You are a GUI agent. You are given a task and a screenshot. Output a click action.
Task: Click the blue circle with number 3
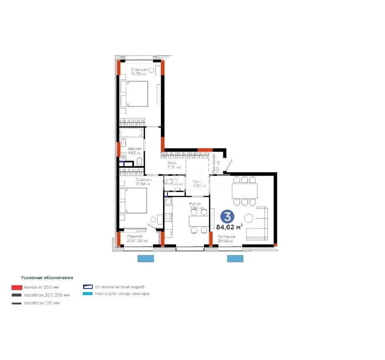click(227, 217)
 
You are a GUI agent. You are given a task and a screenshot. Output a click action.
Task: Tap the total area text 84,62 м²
click(229, 227)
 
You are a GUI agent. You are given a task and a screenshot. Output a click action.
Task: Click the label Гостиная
click(226, 237)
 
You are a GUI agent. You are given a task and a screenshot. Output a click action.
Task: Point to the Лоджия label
click(129, 236)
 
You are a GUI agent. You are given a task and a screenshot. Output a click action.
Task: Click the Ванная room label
click(135, 148)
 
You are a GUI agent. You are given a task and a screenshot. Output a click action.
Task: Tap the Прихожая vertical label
click(214, 162)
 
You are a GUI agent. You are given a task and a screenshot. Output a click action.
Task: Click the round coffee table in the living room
click(249, 218)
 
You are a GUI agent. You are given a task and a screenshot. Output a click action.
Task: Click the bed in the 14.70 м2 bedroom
click(134, 94)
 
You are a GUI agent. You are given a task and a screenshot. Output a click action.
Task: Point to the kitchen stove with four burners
click(169, 218)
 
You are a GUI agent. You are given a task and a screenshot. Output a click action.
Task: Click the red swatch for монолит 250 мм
click(16, 287)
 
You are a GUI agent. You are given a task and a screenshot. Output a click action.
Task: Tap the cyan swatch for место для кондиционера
click(88, 294)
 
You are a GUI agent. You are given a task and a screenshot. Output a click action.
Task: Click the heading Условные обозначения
click(47, 277)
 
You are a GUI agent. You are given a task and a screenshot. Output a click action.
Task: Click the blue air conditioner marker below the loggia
click(146, 258)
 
